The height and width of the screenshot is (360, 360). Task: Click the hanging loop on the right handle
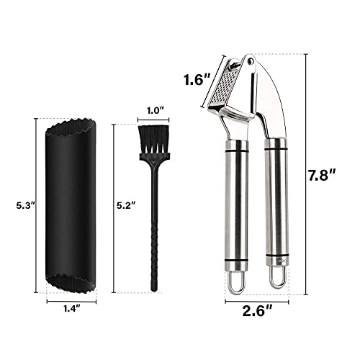(275, 282)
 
